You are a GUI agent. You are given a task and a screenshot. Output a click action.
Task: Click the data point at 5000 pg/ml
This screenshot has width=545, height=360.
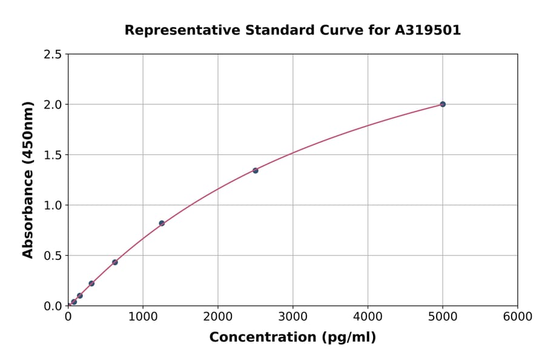(x=443, y=104)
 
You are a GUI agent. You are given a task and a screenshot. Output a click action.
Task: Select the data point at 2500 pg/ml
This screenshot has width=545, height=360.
(x=256, y=170)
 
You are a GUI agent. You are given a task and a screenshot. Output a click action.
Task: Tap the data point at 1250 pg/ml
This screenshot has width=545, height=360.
(x=162, y=223)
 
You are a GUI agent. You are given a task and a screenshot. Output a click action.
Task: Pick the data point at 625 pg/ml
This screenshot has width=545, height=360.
(x=115, y=262)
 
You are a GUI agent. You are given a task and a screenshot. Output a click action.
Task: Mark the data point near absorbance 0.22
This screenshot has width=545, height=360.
(x=91, y=284)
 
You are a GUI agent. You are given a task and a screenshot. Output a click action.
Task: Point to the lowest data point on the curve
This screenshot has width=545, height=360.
(x=74, y=302)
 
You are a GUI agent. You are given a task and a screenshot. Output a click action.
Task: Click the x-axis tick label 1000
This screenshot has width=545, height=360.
(x=143, y=317)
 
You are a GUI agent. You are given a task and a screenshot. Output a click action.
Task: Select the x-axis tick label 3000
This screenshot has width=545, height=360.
(x=293, y=317)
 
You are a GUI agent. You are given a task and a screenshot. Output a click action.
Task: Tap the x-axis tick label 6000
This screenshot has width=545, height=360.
(x=518, y=317)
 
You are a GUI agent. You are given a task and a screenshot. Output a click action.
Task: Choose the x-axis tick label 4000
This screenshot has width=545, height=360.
(x=368, y=317)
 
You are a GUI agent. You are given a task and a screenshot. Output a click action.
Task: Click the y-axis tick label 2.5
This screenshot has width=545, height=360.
(x=53, y=55)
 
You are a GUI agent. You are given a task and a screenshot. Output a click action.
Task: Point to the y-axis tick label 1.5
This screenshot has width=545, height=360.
(x=53, y=155)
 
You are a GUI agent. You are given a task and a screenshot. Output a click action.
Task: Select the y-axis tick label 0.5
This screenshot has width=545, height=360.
(x=53, y=256)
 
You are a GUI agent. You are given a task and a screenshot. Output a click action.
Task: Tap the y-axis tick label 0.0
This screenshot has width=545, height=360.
(x=53, y=306)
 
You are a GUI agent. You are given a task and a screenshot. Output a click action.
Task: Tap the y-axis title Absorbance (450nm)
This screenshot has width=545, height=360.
(x=28, y=180)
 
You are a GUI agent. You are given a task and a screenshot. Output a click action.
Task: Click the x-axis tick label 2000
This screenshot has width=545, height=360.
(x=218, y=317)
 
